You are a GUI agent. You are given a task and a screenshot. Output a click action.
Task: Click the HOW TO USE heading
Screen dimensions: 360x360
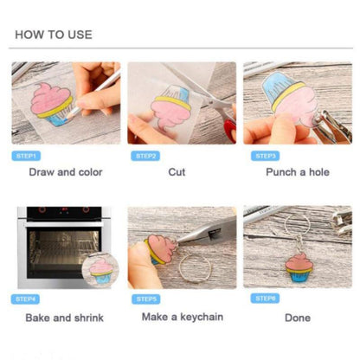click(54, 35)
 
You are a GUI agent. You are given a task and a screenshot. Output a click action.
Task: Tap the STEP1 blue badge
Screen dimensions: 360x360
click(26, 156)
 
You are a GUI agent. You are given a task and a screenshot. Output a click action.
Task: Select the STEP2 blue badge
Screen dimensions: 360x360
click(145, 156)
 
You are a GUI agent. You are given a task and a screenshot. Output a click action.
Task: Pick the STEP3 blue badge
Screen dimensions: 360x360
click(266, 156)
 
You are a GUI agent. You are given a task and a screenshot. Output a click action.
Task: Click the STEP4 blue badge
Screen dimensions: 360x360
click(25, 299)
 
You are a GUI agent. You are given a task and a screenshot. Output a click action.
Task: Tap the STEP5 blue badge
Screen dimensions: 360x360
click(146, 299)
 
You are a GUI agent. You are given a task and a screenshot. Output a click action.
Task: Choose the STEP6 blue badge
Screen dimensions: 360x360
click(265, 298)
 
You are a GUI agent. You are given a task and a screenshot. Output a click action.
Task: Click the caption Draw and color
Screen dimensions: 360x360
click(66, 172)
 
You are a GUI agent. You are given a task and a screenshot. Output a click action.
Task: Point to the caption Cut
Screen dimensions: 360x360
click(177, 172)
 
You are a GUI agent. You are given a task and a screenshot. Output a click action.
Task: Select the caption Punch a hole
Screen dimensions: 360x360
click(298, 172)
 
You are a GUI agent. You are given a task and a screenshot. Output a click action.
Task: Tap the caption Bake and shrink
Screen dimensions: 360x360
click(65, 318)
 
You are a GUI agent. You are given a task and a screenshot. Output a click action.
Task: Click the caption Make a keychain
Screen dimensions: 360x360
click(183, 317)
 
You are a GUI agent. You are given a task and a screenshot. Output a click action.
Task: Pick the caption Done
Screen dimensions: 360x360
click(298, 318)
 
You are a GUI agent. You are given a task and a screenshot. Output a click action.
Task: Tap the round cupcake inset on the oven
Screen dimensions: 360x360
click(100, 271)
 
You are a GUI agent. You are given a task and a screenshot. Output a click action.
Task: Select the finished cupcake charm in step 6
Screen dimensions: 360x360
click(299, 267)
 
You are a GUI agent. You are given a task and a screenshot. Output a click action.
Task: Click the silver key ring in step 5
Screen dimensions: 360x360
click(195, 266)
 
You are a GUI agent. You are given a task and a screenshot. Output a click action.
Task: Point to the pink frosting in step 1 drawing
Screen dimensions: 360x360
click(50, 99)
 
